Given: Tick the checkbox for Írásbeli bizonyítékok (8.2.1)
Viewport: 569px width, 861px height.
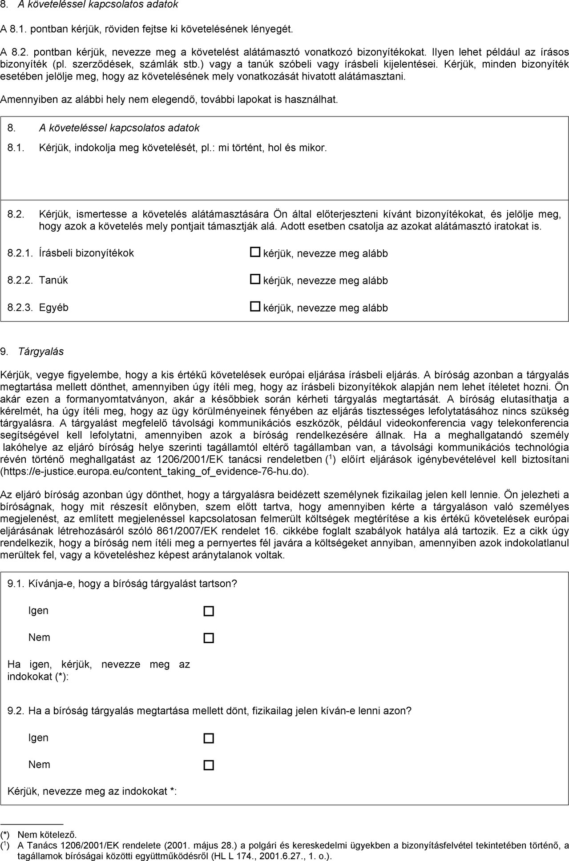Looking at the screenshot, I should point(254,253).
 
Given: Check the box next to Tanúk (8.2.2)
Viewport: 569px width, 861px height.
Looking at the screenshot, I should point(254,280).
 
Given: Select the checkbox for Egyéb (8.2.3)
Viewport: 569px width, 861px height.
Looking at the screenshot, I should point(254,307).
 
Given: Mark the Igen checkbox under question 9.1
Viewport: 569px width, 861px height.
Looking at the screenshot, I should point(209,611).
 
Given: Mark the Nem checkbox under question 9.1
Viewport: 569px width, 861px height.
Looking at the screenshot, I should point(209,638).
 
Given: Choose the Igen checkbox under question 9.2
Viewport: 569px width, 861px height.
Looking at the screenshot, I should point(209,738).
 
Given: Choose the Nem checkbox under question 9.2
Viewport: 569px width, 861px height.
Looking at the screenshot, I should point(209,765).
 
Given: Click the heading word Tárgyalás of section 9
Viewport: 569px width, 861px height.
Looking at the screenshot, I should point(41,352).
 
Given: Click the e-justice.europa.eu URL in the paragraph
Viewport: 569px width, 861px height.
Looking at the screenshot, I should point(154,471).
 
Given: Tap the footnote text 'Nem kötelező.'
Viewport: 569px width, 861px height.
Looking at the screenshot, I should point(47,834).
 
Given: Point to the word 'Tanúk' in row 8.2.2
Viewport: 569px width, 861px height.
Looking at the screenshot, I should point(53,280).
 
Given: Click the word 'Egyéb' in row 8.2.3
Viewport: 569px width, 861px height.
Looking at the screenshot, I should point(54,307).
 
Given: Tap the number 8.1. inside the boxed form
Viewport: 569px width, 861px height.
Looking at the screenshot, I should point(16,148).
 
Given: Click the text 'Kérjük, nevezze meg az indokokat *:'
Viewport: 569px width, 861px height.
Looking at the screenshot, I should point(92,792).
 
